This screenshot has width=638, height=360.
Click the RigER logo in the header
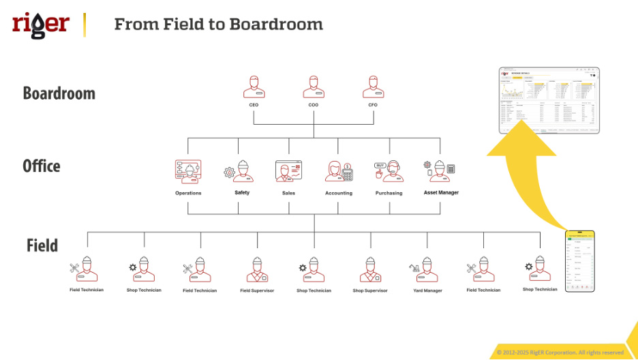tap(41, 25)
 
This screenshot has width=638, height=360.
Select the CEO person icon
tap(254, 87)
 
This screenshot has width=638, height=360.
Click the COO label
tap(313, 106)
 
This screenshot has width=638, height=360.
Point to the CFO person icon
tap(372, 87)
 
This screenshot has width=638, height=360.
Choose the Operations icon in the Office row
tap(188, 172)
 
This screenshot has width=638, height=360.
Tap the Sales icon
tap(288, 171)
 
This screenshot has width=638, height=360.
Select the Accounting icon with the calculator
tap(339, 172)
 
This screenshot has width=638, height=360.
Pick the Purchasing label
tap(389, 193)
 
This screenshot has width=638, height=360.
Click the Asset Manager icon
tap(440, 171)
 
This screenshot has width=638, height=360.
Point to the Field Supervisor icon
tap(257, 270)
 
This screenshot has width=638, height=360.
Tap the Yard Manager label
tap(427, 290)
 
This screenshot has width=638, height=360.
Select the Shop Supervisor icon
tap(370, 270)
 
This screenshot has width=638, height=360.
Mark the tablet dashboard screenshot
tap(549, 100)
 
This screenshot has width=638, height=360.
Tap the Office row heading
tap(42, 166)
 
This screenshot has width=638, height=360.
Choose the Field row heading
tap(42, 245)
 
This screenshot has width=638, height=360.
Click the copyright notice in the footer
tap(560, 352)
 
